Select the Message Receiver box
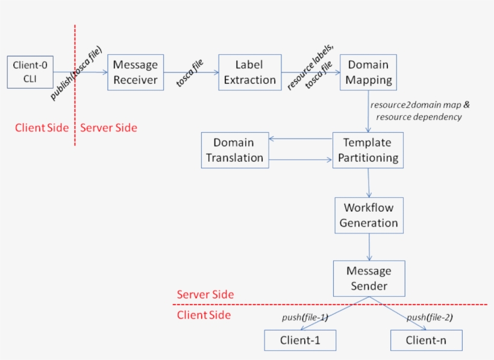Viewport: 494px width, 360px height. tap(136, 72)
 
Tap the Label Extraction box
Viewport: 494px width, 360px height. tap(249, 72)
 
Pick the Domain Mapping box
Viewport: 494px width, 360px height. tap(368, 72)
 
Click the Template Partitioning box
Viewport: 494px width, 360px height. tap(367, 150)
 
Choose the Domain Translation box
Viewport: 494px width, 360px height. tap(234, 150)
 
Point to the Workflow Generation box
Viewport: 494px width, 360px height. tap(369, 215)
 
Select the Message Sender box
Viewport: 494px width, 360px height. tap(369, 279)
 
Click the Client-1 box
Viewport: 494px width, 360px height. tap(300, 340)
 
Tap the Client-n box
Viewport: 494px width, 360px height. tap(427, 340)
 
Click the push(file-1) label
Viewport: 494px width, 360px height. tap(305, 318)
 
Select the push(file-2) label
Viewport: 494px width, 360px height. tap(430, 318)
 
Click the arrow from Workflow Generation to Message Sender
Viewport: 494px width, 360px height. tap(369, 247)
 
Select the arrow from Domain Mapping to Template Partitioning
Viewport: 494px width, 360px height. tap(368, 112)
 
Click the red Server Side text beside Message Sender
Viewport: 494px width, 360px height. tap(205, 295)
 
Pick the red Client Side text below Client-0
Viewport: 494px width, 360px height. tap(42, 128)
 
